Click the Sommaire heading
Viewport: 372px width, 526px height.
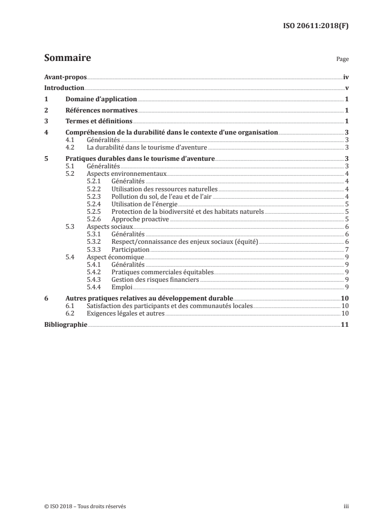[x=67, y=58]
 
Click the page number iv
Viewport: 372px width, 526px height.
[x=346, y=77]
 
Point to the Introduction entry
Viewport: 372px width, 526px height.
[x=64, y=88]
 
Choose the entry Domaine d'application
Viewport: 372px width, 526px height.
[x=101, y=99]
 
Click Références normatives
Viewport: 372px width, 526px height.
[x=101, y=111]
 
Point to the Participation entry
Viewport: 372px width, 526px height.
[x=130, y=249]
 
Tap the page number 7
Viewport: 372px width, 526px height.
[x=346, y=249]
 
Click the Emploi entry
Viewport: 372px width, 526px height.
[x=122, y=287]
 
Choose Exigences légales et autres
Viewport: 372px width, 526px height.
[x=126, y=314]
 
